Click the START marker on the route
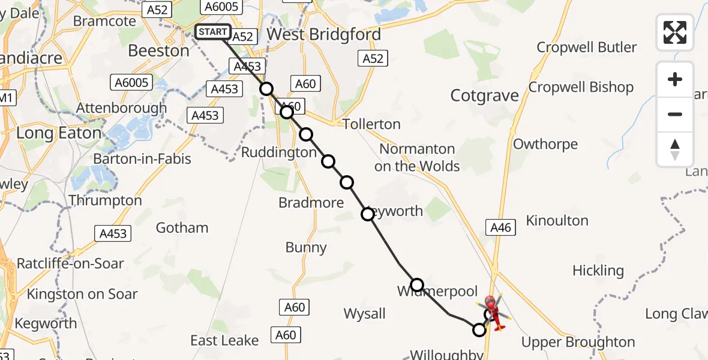tap(213, 32)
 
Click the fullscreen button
tap(675, 32)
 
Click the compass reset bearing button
tap(675, 149)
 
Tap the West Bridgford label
tap(323, 35)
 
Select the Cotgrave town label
tap(484, 96)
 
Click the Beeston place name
tap(158, 51)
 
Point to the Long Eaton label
tap(59, 133)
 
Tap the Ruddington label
tap(278, 153)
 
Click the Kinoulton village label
tap(557, 221)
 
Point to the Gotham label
tap(182, 228)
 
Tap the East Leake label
tap(224, 341)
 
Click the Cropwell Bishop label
tap(581, 88)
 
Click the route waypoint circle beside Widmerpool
tap(417, 284)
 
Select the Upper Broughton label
tap(578, 343)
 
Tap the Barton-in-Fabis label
tap(142, 159)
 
